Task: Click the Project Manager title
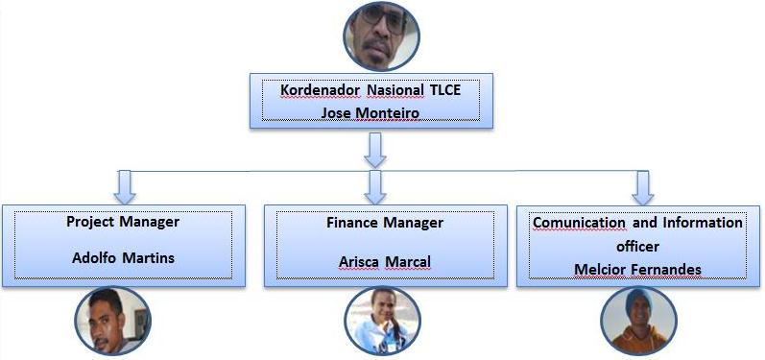123,222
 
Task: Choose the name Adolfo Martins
123,258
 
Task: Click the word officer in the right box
637,246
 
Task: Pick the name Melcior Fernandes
637,268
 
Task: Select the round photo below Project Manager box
113,322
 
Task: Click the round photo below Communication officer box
638,322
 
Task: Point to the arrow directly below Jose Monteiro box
376,149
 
